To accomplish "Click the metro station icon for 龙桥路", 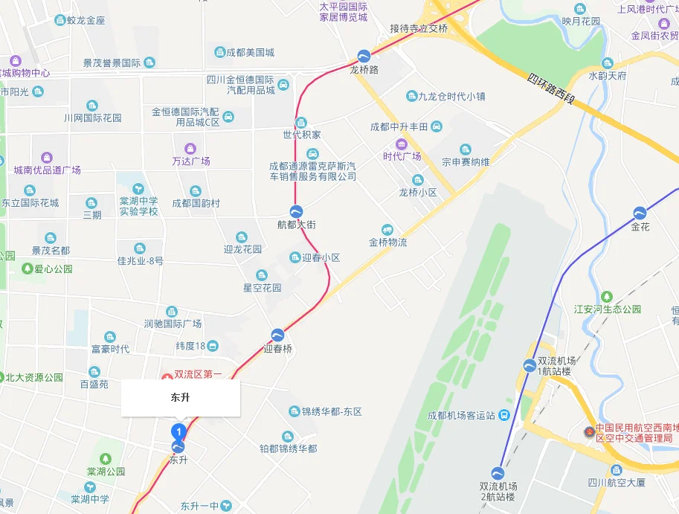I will [x=364, y=56].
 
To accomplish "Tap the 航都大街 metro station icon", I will [x=296, y=211].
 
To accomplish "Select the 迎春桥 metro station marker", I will [x=277, y=335].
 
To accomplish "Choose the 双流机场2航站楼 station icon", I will [x=498, y=472].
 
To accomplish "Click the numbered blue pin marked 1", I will [x=178, y=431].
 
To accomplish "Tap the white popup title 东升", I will [x=181, y=398].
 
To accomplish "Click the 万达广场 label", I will [x=191, y=161].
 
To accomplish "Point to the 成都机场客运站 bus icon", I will [x=504, y=415].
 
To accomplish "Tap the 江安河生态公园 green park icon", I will [x=607, y=297].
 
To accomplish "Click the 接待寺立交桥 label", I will [x=419, y=28].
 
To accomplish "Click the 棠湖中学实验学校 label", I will [x=139, y=206].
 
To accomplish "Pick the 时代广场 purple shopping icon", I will [x=402, y=144].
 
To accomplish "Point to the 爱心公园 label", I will [x=54, y=269].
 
